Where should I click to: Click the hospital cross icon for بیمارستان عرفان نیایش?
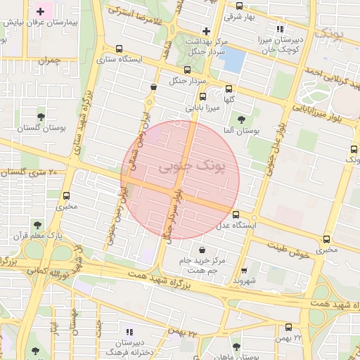[41, 12]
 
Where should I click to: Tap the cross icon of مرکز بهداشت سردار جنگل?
[206, 31]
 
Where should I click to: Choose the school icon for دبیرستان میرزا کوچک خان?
[281, 30]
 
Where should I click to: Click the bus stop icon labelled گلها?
[229, 89]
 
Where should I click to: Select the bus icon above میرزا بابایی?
[203, 97]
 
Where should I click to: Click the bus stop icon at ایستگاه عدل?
[235, 214]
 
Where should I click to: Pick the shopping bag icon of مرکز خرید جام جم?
[202, 250]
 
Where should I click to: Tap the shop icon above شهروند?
[244, 270]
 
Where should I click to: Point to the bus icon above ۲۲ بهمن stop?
[289, 327]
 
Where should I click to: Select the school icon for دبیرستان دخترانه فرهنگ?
[129, 331]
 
